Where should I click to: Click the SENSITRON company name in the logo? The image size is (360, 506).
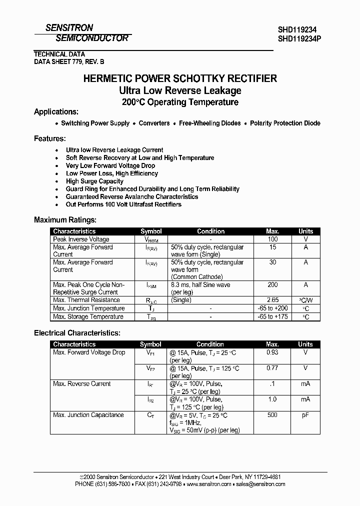point(69,28)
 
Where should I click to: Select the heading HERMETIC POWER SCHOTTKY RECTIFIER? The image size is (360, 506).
point(180,78)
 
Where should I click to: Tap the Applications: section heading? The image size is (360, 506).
point(56,112)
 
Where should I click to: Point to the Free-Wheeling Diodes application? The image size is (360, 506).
point(210,123)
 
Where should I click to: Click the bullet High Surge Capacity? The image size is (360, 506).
point(94,181)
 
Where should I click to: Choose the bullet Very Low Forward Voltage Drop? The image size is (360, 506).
point(110,165)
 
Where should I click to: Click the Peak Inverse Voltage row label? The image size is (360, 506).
point(81,239)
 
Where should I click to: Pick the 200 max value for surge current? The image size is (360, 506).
point(272,284)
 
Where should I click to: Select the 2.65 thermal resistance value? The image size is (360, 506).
point(272,300)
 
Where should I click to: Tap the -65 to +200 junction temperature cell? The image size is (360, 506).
point(272,308)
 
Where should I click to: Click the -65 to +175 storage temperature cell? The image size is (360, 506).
point(272,317)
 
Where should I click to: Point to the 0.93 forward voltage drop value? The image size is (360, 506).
point(272,352)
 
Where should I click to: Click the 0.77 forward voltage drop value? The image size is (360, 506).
point(272,368)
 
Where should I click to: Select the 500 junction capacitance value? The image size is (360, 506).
point(272,415)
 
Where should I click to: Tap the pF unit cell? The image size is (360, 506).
point(305,415)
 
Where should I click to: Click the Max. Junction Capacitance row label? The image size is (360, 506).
point(88,415)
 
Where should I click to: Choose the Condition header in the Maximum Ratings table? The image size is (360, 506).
point(211,231)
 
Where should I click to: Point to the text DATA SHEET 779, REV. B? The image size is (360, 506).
point(69,61)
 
